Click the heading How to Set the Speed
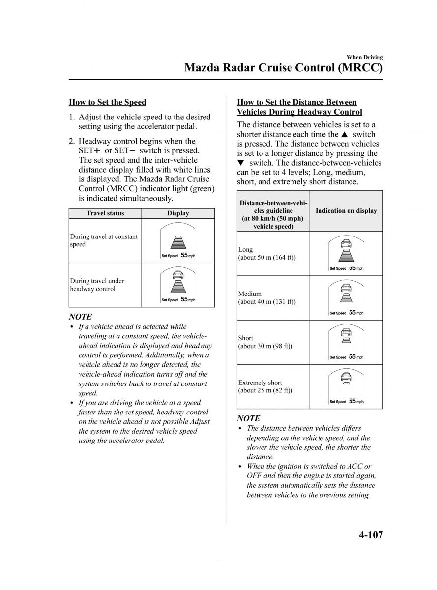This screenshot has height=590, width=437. tap(107, 102)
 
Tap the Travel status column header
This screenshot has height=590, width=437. tap(105, 213)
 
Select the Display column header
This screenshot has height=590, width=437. tap(178, 213)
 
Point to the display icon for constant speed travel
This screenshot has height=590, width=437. tap(178, 241)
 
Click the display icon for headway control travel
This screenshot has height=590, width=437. tap(178, 285)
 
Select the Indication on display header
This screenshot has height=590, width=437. tap(346, 211)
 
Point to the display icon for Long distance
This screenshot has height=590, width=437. tap(347, 253)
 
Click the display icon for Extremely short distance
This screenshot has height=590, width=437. tap(347, 386)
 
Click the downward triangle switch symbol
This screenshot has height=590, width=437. tap(240, 163)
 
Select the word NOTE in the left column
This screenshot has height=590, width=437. tap(80, 317)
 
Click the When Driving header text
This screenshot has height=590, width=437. tap(364, 58)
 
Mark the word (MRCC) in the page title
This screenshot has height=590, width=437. tap(360, 68)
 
